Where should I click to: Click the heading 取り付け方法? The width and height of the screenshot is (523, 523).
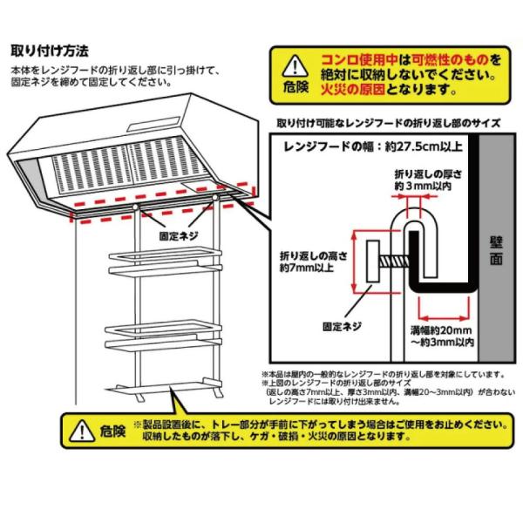pyautogui.click(x=49, y=50)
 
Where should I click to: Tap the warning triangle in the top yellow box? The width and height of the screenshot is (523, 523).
pyautogui.click(x=297, y=65)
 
